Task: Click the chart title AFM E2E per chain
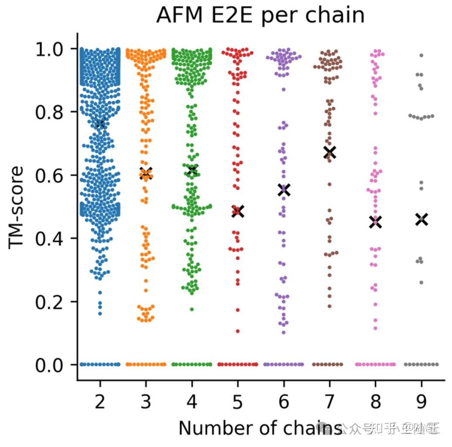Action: [x=260, y=16]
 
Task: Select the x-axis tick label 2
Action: [x=100, y=402]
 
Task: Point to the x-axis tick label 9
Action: [x=421, y=402]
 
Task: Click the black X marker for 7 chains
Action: [x=329, y=152]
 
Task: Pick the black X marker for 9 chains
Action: [x=421, y=219]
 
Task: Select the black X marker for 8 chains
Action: [x=375, y=222]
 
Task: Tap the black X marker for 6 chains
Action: [x=284, y=190]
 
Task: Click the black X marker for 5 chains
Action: [x=238, y=212]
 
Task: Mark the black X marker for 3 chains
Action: [x=146, y=172]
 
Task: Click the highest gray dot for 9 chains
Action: [x=421, y=55]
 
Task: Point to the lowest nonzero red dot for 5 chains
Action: [x=238, y=331]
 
